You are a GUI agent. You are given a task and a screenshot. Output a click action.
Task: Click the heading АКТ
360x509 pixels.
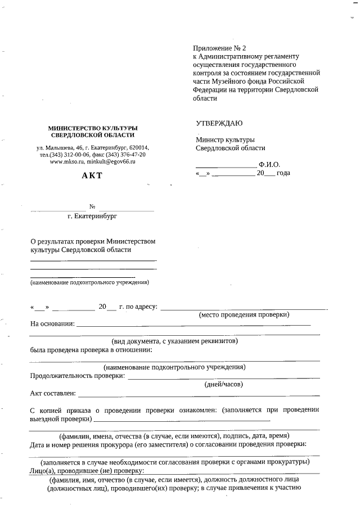coord(92,175)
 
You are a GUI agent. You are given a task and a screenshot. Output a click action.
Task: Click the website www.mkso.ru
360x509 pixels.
coord(67,161)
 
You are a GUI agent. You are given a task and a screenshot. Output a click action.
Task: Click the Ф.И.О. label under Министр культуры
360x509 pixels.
coord(269,165)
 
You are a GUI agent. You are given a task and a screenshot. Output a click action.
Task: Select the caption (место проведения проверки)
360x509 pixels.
coord(244,315)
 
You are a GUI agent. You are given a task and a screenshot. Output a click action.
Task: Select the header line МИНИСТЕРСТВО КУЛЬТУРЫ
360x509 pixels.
coord(92,128)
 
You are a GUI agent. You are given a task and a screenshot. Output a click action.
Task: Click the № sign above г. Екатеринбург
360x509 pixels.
coord(92,206)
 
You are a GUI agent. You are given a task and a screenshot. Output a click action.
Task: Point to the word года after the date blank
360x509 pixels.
coord(283,173)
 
